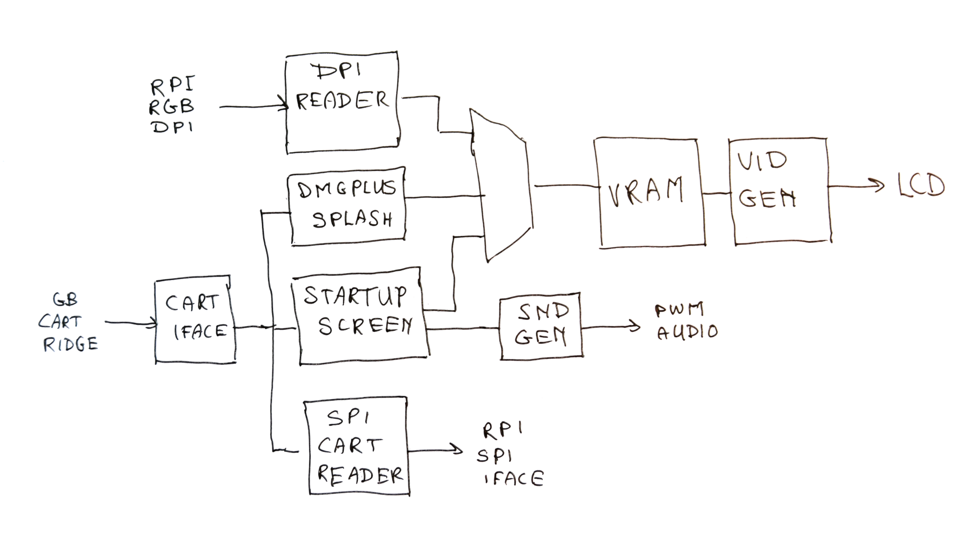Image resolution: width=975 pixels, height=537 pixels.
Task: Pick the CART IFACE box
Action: coord(195,322)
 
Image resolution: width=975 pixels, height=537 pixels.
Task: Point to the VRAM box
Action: coord(649,193)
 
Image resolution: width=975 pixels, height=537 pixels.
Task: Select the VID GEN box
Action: coord(780,190)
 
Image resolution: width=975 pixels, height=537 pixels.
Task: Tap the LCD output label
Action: coord(921,185)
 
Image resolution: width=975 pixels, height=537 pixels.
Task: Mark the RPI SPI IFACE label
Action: coord(509,455)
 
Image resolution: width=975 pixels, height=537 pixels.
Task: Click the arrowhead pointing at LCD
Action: coord(878,186)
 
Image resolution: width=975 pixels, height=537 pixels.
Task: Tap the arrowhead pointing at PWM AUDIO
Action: coord(635,326)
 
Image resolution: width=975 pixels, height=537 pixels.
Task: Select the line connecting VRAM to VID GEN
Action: coord(717,193)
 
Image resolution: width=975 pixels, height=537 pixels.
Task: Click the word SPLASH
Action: coord(352,219)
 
